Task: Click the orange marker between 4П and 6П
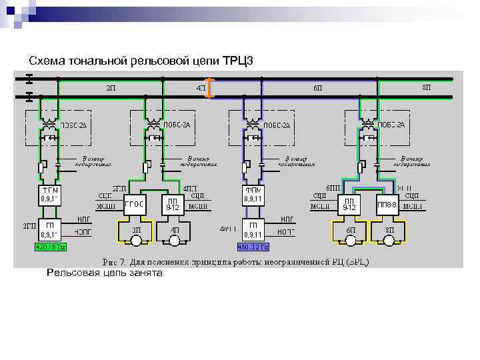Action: point(211,88)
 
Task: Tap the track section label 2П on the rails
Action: point(111,87)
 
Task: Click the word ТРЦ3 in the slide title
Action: point(237,61)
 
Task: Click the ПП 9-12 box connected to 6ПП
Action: point(348,205)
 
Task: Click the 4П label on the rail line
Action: point(201,87)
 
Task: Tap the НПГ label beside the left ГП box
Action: point(84,219)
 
